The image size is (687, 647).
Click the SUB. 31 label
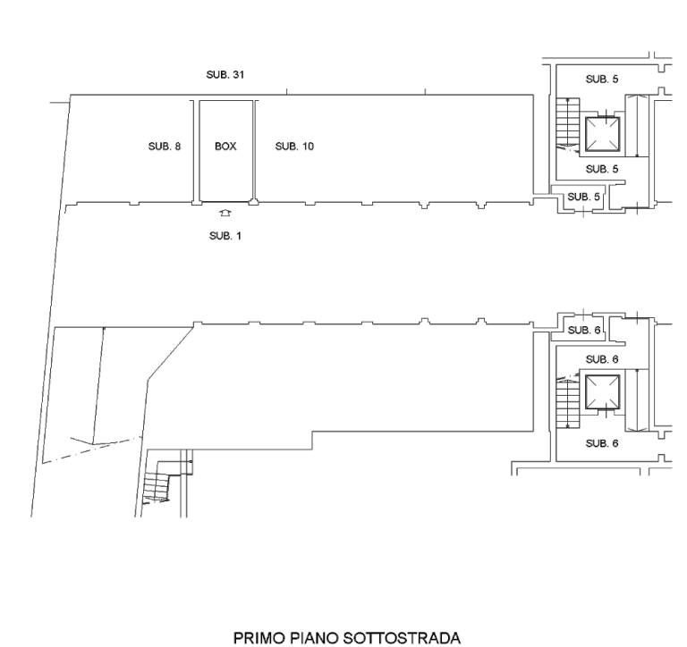coord(225,75)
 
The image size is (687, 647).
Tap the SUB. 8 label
coord(165,147)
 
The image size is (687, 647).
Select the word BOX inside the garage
coord(225,147)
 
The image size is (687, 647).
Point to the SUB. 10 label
coord(294,147)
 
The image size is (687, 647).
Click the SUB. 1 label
coord(225,236)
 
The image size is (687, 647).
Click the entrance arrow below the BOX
coord(225,214)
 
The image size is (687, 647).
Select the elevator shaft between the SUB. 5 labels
coord(603,134)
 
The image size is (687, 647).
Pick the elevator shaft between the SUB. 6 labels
coord(603,391)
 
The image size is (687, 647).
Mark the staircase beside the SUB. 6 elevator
coord(568,402)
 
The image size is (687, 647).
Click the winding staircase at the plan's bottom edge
coord(162,482)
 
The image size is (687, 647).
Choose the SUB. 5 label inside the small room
coord(583,197)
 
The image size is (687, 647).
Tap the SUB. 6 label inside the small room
coord(584,330)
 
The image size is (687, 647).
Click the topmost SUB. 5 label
coord(602,80)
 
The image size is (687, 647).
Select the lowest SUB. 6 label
coord(602,443)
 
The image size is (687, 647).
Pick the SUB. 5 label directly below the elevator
coord(602,169)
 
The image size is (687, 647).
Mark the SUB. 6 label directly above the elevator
coord(602,359)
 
